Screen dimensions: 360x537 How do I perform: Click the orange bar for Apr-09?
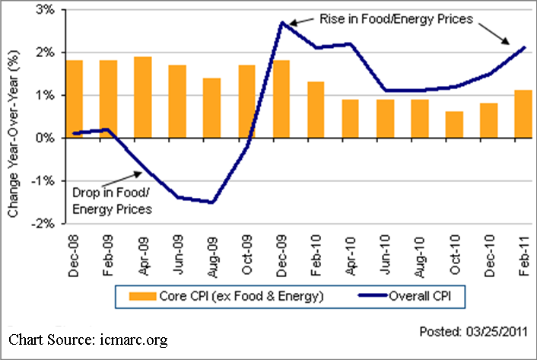pyautogui.click(x=143, y=97)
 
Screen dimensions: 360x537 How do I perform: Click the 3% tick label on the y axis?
pyautogui.click(x=45, y=11)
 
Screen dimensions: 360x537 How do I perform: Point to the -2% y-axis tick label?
pyautogui.click(x=43, y=224)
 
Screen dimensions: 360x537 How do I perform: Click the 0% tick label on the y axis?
pyautogui.click(x=45, y=139)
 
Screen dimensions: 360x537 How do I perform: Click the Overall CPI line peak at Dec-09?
pyautogui.click(x=281, y=23)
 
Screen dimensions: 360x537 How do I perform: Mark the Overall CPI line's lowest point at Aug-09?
pyautogui.click(x=212, y=202)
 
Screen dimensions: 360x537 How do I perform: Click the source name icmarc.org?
pyautogui.click(x=132, y=339)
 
